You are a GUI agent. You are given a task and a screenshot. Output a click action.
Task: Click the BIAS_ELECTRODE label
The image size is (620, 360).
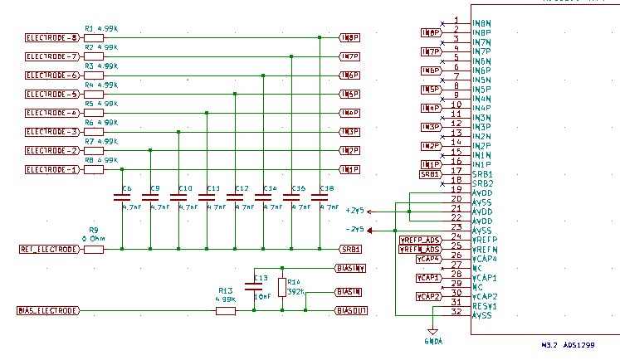pos(48,311)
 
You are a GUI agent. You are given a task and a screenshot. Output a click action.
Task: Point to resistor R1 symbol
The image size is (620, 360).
pos(94,38)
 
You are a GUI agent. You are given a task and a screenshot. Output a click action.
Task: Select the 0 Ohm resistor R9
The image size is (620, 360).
pos(94,249)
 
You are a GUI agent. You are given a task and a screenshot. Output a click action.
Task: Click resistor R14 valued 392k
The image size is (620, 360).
pos(283,288)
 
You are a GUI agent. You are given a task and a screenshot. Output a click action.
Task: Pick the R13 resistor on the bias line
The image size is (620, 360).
pos(226,311)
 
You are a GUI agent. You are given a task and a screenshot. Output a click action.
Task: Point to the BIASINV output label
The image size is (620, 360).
pos(350,268)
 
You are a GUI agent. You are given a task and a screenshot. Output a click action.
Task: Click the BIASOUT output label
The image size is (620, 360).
pos(350,311)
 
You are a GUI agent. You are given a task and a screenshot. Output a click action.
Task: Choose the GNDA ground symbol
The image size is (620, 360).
pos(432,334)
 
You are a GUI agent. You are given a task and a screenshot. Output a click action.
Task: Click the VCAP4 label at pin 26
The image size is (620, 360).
pos(428,259)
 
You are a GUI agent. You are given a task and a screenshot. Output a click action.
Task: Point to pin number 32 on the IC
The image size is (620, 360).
pos(456,312)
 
